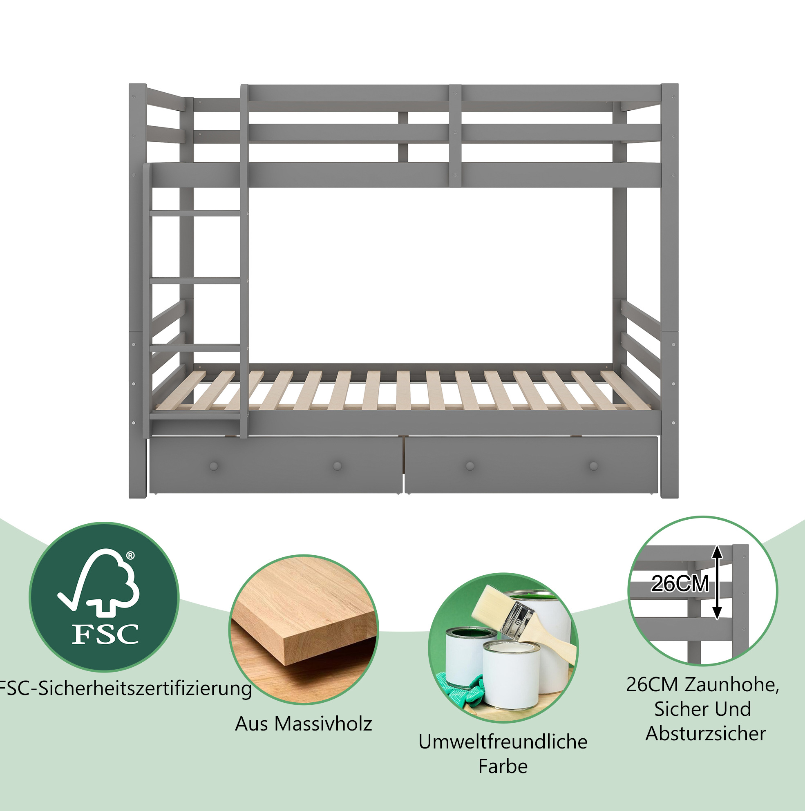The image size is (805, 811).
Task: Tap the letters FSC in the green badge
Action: click(x=105, y=634)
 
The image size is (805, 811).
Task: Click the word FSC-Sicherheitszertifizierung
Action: click(x=125, y=688)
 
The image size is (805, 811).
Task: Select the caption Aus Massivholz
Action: click(x=304, y=724)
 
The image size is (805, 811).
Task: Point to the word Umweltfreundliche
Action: click(x=503, y=742)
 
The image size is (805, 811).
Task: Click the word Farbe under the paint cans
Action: click(x=503, y=766)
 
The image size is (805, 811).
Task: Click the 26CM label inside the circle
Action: click(x=680, y=583)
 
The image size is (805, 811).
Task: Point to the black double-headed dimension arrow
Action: click(x=717, y=582)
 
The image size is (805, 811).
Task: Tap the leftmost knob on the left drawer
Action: click(x=214, y=466)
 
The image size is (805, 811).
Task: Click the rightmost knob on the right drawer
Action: click(x=593, y=466)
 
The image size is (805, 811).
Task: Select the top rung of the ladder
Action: click(x=195, y=213)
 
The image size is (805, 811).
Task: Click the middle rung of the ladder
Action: click(x=195, y=280)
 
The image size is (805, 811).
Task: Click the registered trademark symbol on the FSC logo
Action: click(x=130, y=556)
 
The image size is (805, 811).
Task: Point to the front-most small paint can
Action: click(x=511, y=676)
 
